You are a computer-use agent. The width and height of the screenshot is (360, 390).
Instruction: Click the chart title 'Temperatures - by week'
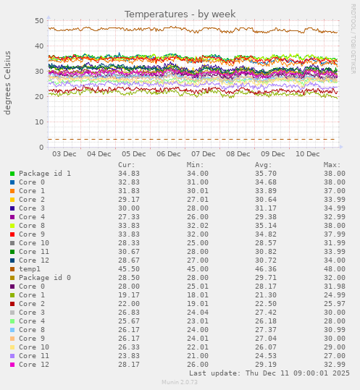(x=180, y=14)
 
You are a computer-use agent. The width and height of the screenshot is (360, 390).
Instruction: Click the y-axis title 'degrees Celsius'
(x=9, y=82)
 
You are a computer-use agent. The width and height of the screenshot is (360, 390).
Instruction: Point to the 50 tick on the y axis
(x=39, y=21)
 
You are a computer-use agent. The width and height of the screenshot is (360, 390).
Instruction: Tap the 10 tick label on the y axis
(x=39, y=122)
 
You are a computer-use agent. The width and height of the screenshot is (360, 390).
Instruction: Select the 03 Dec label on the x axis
(x=64, y=153)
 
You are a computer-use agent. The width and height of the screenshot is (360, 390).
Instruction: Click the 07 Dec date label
(x=204, y=153)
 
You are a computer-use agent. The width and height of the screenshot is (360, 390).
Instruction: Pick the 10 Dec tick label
(x=308, y=153)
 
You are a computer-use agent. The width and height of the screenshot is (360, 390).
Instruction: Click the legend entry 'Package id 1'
(x=45, y=174)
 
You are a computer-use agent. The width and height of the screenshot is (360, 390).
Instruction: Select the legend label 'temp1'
(x=30, y=269)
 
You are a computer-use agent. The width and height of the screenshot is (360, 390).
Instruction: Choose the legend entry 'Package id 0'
(x=45, y=278)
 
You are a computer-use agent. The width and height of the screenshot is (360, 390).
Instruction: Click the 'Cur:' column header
(x=127, y=165)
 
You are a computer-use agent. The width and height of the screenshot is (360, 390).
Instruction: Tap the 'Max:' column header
(x=332, y=165)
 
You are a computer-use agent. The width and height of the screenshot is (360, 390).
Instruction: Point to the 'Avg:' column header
(x=264, y=165)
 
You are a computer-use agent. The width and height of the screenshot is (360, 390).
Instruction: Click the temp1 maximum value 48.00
(x=334, y=269)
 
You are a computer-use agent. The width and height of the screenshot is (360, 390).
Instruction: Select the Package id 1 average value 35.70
(x=266, y=174)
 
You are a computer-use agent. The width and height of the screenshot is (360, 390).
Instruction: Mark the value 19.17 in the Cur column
(x=129, y=295)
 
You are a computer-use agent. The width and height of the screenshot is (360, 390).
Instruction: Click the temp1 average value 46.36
(x=266, y=269)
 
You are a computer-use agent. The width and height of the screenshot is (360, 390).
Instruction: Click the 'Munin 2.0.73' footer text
(x=180, y=383)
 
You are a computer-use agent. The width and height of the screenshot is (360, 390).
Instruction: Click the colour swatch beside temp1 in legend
(x=12, y=269)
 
